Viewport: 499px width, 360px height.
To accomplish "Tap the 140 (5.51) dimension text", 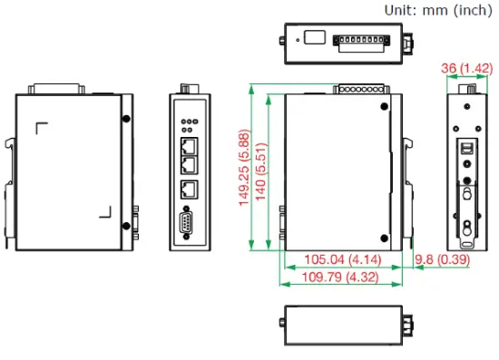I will [x=261, y=169].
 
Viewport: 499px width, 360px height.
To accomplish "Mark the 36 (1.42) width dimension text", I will [x=466, y=67].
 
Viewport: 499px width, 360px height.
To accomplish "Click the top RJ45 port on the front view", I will [x=190, y=144].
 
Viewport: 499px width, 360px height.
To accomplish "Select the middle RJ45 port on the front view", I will [x=190, y=163].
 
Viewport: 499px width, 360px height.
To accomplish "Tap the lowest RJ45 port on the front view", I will [x=190, y=190].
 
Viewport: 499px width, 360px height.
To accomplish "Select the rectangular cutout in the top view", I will [x=314, y=38].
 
